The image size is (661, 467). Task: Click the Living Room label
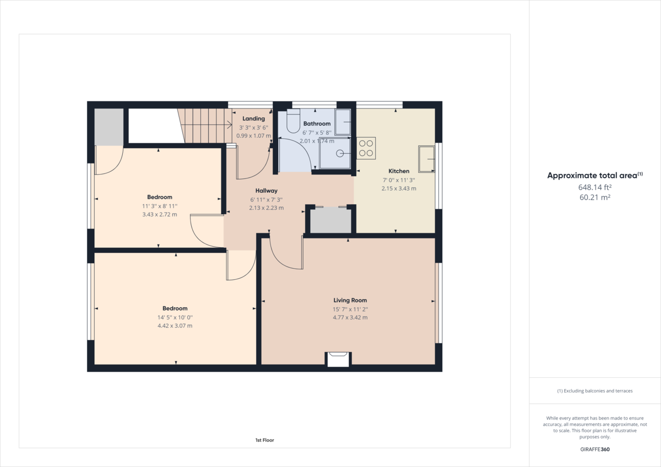pyautogui.click(x=350, y=300)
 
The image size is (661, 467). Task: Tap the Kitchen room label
pyautogui.click(x=399, y=171)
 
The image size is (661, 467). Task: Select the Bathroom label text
pyautogui.click(x=317, y=124)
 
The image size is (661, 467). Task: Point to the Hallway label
pyautogui.click(x=266, y=191)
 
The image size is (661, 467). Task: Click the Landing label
pyautogui.click(x=253, y=118)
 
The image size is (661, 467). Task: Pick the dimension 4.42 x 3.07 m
pyautogui.click(x=175, y=326)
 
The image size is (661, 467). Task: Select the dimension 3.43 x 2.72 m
pyautogui.click(x=160, y=215)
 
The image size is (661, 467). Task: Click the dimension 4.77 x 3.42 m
pyautogui.click(x=350, y=318)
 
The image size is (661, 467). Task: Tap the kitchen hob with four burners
pyautogui.click(x=366, y=148)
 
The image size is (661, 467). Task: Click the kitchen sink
pyautogui.click(x=426, y=160)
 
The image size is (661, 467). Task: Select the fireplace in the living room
pyautogui.click(x=338, y=359)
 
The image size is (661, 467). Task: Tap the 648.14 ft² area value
pyautogui.click(x=595, y=187)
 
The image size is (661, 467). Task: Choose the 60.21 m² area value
pyautogui.click(x=595, y=197)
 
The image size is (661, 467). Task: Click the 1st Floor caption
pyautogui.click(x=264, y=440)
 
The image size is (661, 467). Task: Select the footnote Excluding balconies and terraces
pyautogui.click(x=595, y=391)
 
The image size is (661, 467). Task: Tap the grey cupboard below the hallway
pyautogui.click(x=330, y=221)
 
